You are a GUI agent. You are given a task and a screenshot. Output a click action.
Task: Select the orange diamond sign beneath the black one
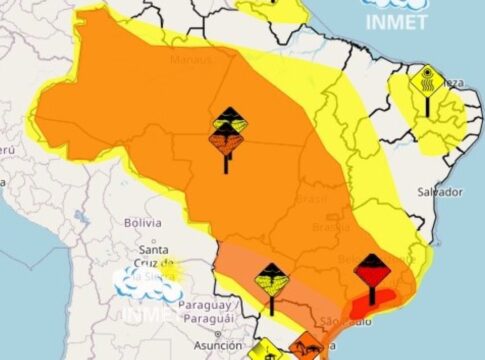point(228,144)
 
